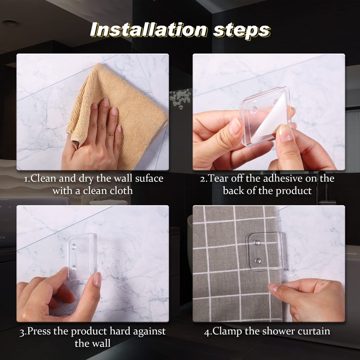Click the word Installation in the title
148,30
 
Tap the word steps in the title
242,31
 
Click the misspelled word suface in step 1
149,179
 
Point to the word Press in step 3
39,331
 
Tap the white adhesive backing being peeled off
270,119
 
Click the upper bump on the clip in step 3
74,247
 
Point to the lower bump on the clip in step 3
73,268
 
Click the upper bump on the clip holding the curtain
257,243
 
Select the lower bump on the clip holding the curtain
257,261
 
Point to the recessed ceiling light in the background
11,23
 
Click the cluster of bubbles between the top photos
180,98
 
